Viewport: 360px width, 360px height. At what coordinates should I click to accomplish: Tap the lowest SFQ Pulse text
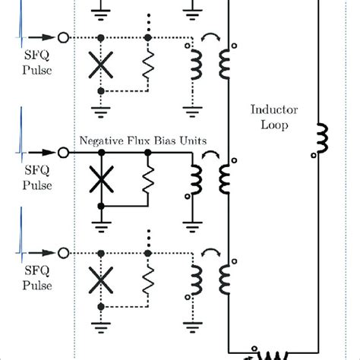[38, 278]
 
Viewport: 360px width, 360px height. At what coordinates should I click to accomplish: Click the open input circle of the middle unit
[63, 153]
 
